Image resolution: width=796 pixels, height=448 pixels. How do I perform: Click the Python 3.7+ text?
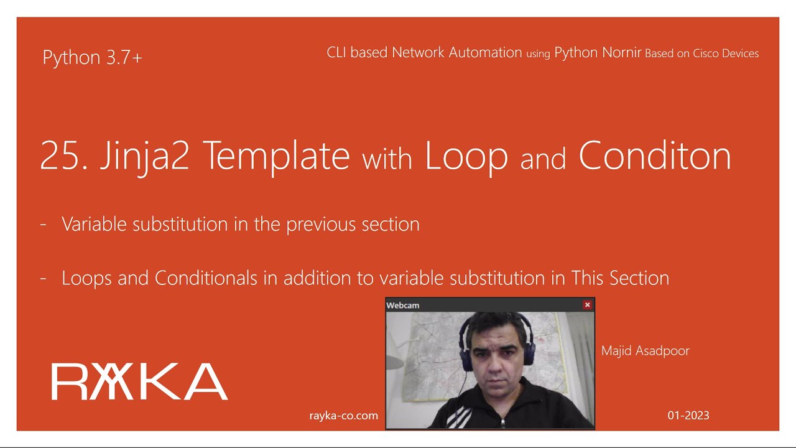(92, 58)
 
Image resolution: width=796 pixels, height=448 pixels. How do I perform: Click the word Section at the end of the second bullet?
(639, 278)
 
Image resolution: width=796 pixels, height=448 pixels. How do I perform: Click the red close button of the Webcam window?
(587, 305)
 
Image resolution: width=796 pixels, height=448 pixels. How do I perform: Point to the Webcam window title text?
(403, 306)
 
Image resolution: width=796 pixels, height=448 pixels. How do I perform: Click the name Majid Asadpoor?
(645, 351)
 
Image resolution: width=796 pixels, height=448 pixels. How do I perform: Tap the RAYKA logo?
(139, 381)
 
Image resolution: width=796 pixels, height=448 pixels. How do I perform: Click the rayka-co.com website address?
(343, 416)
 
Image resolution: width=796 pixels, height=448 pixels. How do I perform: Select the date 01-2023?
(688, 416)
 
